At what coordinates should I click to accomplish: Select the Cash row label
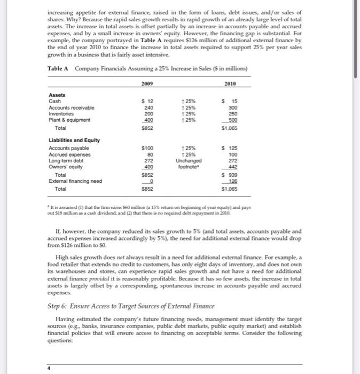pyautogui.click(x=54, y=101)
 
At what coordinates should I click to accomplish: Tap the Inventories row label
pyautogui.click(x=60, y=114)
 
